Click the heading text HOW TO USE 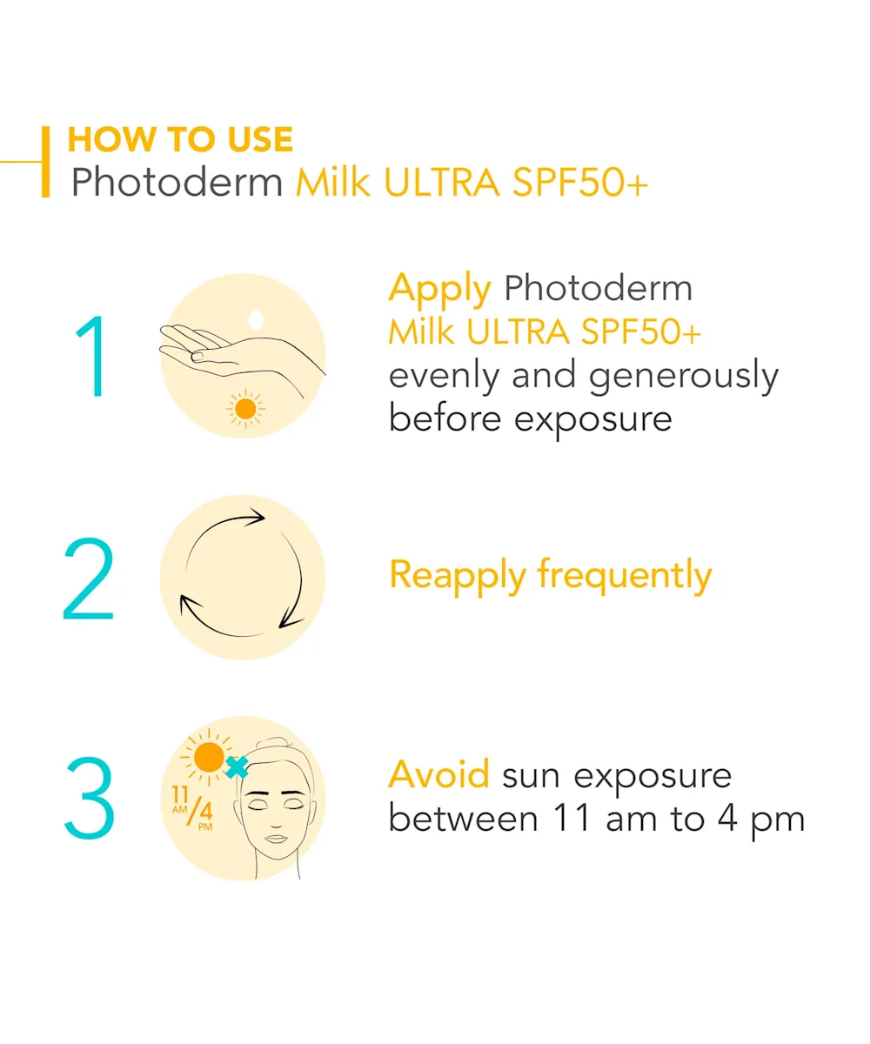(180, 139)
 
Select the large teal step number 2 (89, 578)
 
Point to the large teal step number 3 (90, 798)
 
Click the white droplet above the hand (256, 319)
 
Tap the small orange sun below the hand (245, 409)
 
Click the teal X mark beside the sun (237, 767)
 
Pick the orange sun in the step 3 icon (208, 757)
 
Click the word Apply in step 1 (440, 290)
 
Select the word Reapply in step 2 (458, 577)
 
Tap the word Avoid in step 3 (438, 774)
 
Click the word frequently (625, 577)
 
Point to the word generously (684, 377)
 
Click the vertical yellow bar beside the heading (45, 162)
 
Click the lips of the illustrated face (276, 839)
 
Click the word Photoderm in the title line (177, 182)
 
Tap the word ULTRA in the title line (441, 182)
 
